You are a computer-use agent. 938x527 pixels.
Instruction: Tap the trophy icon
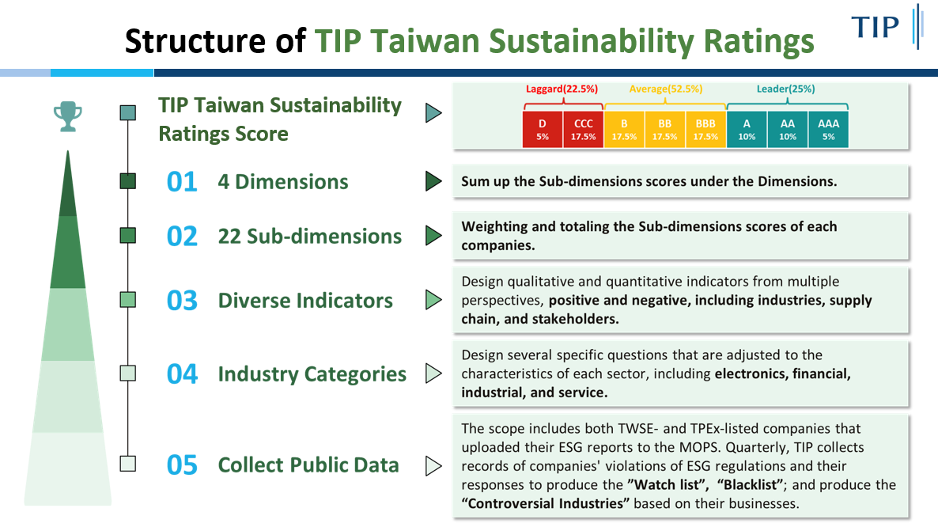(67, 116)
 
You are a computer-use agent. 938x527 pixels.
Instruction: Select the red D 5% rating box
(542, 129)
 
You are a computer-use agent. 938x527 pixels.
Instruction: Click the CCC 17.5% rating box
(583, 129)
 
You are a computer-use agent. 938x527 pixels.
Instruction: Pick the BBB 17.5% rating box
(705, 129)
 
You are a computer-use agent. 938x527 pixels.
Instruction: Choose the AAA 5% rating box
(829, 129)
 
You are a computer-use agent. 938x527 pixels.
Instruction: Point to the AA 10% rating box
(787, 129)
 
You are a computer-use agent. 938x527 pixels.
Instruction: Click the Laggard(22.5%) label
(562, 89)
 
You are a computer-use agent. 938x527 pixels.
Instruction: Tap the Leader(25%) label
(785, 89)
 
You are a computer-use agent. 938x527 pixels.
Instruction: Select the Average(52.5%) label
(666, 89)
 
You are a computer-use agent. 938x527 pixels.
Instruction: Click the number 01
(182, 182)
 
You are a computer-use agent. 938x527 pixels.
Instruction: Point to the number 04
(182, 373)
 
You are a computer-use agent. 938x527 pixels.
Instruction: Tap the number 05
(182, 464)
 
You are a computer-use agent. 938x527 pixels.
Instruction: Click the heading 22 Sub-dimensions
(309, 237)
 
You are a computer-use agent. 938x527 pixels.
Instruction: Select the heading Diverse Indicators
(305, 300)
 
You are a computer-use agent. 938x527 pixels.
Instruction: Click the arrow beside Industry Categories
(433, 373)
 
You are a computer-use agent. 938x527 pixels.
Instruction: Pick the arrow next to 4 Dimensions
(433, 180)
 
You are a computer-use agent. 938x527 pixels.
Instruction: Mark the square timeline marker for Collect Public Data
(127, 464)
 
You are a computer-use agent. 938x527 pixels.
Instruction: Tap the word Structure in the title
(195, 41)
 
